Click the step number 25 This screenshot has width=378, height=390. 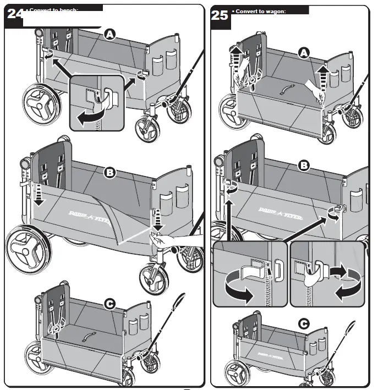[x=220, y=15]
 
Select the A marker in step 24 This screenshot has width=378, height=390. [x=110, y=35]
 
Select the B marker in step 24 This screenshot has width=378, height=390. [x=110, y=173]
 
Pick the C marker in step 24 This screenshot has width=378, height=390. [x=109, y=303]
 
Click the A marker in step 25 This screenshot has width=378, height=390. [x=303, y=52]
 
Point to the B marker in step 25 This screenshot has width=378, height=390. [x=303, y=165]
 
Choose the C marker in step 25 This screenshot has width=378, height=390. [x=303, y=324]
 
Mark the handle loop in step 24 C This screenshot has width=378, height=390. [x=180, y=303]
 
